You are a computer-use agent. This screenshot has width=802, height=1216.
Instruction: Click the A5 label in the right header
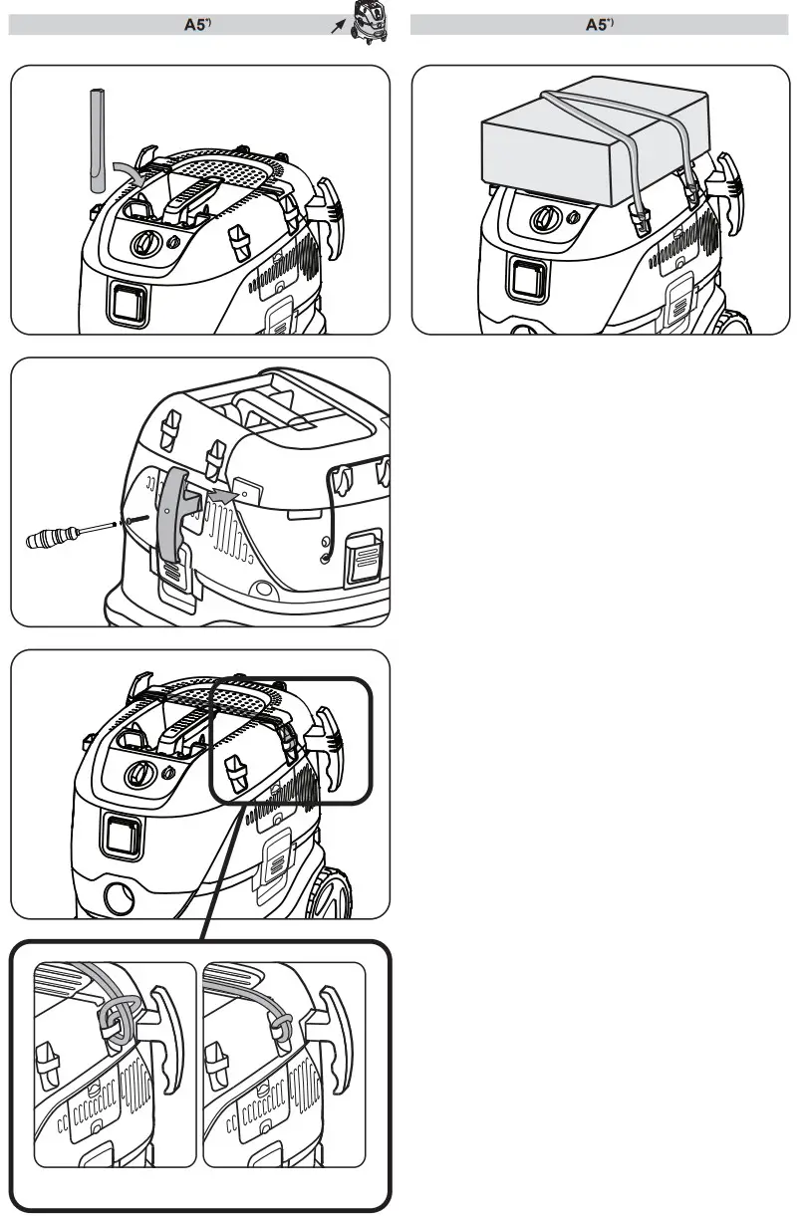coord(599,25)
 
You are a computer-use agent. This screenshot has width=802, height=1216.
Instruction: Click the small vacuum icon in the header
coord(368,22)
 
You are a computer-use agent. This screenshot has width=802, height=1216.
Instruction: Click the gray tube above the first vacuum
coord(97,139)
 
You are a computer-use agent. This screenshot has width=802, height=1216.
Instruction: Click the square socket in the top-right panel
coord(527,279)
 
